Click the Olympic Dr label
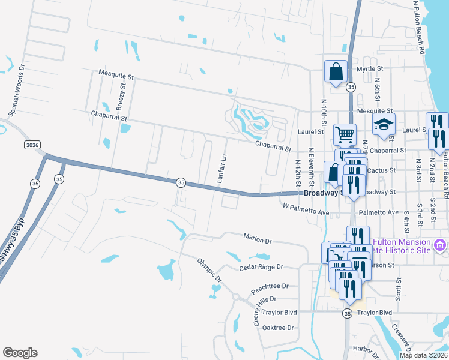point(210,271)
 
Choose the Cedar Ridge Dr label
point(261,267)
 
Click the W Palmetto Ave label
point(306,212)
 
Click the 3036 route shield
point(34,145)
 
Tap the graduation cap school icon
point(382,124)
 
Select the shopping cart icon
point(344,134)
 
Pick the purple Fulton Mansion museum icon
point(441,245)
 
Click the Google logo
point(20,353)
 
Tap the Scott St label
point(399,289)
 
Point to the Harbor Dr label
point(365,349)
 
